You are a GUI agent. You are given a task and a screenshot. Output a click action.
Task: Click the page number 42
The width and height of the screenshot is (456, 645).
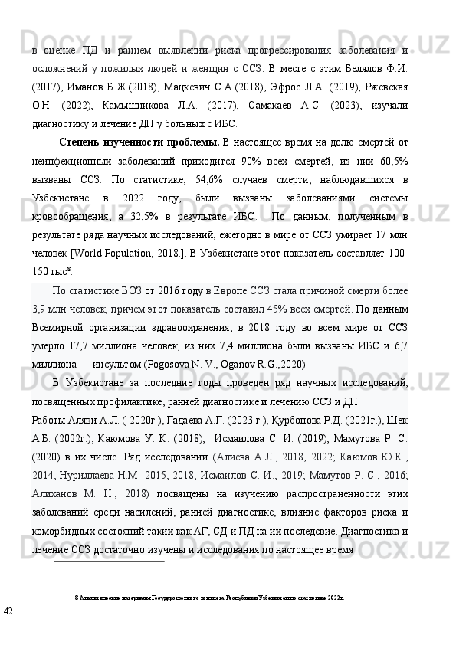tap(8, 611)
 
